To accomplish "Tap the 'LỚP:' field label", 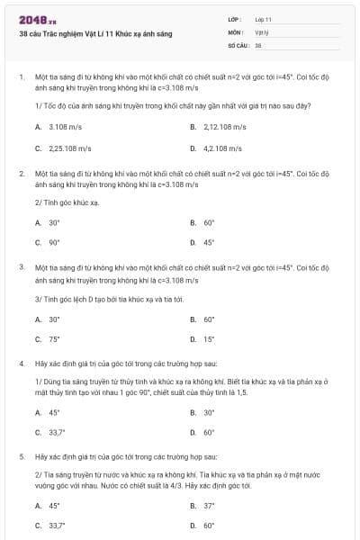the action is (x=235, y=19).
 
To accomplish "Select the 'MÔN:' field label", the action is (x=236, y=31).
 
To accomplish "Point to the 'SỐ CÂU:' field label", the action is (x=238, y=44).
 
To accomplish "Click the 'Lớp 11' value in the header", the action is (x=263, y=19).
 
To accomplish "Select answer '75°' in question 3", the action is (x=54, y=338).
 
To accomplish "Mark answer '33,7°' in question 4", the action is (x=58, y=432).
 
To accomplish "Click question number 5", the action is (x=21, y=456).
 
